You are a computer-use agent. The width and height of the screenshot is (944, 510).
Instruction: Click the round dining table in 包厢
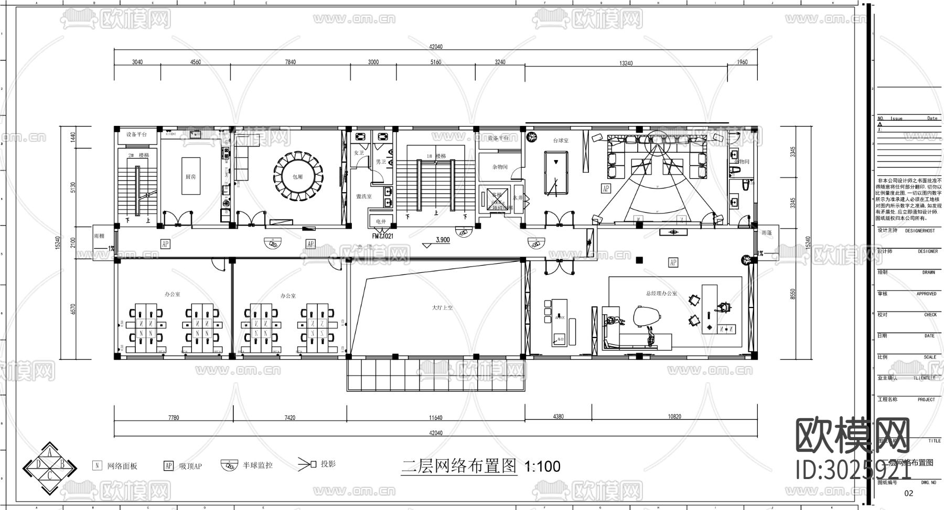click(298, 177)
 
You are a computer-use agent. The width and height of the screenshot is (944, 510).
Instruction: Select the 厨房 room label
click(190, 177)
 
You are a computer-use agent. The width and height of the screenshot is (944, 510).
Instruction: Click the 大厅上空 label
click(442, 308)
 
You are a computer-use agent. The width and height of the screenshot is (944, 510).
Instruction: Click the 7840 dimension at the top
click(290, 62)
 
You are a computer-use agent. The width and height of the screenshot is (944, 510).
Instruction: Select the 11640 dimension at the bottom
click(435, 418)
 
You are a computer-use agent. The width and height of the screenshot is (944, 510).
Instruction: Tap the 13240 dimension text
click(626, 63)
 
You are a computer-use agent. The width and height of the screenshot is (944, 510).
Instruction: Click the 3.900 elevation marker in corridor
click(443, 240)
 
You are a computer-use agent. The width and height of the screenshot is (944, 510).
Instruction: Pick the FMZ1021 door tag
click(383, 236)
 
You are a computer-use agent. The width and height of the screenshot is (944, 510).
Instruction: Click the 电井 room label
click(381, 222)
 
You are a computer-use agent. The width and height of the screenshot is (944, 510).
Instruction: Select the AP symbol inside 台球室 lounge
click(606, 188)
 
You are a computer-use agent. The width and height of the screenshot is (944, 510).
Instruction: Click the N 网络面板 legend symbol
click(97, 465)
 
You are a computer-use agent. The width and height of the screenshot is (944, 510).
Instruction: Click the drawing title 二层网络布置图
click(459, 465)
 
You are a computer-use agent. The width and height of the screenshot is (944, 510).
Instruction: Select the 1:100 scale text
click(542, 466)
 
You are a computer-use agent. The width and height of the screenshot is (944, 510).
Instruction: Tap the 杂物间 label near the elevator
click(500, 167)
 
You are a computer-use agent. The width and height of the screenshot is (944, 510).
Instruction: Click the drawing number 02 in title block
click(909, 493)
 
